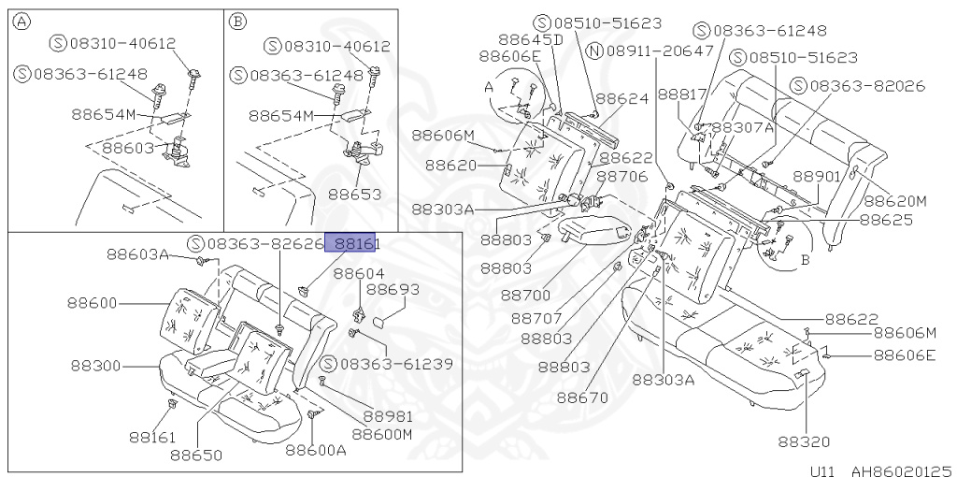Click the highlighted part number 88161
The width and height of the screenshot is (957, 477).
click(350, 243)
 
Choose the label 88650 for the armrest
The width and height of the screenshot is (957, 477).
click(196, 455)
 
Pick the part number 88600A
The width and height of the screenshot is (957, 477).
click(316, 450)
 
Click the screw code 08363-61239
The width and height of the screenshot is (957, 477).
click(387, 364)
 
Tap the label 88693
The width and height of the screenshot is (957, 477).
click(393, 290)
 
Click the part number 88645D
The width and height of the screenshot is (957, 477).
click(530, 39)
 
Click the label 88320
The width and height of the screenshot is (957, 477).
click(803, 441)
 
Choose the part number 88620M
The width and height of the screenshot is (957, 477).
click(894, 200)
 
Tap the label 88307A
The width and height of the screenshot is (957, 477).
click(743, 126)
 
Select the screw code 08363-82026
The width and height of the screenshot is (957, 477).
click(856, 85)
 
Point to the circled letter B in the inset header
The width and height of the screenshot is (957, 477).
click(237, 21)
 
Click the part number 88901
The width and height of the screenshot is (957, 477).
click(819, 176)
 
